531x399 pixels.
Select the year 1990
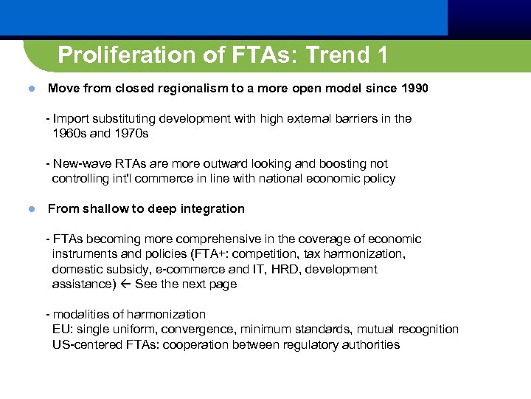414,89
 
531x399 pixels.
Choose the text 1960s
69,134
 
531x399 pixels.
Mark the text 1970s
131,134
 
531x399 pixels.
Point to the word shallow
103,209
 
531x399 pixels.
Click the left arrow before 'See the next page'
125,284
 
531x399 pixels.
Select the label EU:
63,330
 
